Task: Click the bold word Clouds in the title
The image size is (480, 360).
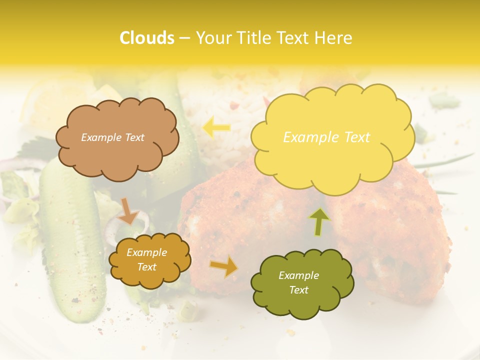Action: click(x=147, y=38)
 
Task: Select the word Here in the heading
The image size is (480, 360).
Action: click(x=334, y=38)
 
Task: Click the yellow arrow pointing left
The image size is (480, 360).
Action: click(x=216, y=127)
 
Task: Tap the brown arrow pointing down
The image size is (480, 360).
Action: click(x=128, y=210)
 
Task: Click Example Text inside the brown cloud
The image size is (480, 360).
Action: click(x=112, y=137)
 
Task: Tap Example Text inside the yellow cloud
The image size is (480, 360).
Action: click(x=326, y=137)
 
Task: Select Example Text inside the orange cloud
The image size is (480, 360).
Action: click(x=146, y=260)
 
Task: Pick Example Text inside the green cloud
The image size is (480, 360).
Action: click(x=298, y=282)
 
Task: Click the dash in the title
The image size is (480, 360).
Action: click(x=184, y=38)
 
